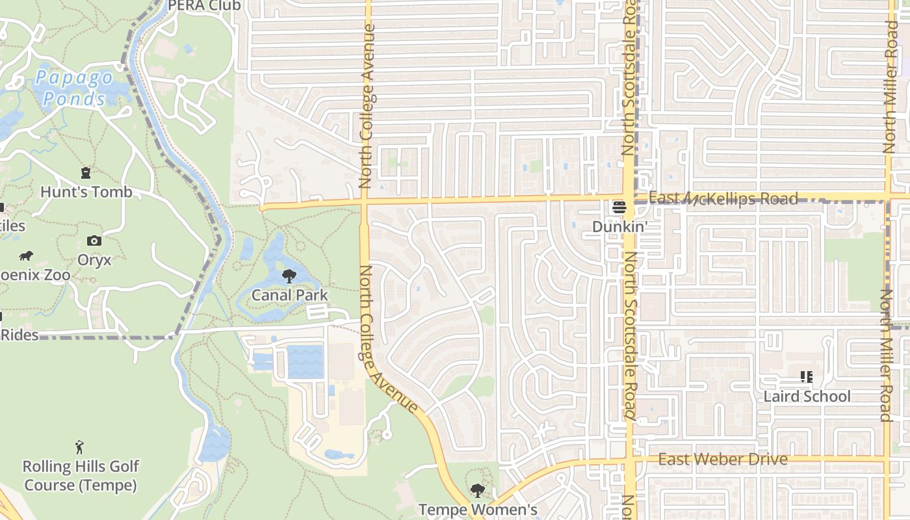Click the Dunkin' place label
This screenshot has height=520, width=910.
[620, 227]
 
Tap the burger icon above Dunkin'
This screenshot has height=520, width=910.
[619, 208]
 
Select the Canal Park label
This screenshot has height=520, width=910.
[289, 295]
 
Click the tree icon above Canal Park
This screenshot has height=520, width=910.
[289, 277]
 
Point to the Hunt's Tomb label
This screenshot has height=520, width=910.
[86, 192]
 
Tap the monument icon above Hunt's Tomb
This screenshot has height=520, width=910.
[85, 173]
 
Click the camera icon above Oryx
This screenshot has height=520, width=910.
[94, 241]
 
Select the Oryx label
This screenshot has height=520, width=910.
[94, 260]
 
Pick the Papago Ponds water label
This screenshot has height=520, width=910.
[73, 88]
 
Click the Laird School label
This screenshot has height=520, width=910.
[807, 396]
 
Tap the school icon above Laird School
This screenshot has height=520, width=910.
[807, 377]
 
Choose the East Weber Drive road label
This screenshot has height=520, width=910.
[723, 460]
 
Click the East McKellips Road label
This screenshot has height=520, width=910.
[723, 198]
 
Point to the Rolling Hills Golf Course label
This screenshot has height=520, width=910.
[81, 476]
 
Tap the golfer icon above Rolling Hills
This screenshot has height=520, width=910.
[79, 447]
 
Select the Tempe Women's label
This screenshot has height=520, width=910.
[478, 510]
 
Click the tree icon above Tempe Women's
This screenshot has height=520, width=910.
[478, 491]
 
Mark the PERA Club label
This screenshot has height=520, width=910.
[204, 6]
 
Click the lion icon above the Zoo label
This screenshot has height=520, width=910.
[26, 256]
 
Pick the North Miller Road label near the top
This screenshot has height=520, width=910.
[889, 88]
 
